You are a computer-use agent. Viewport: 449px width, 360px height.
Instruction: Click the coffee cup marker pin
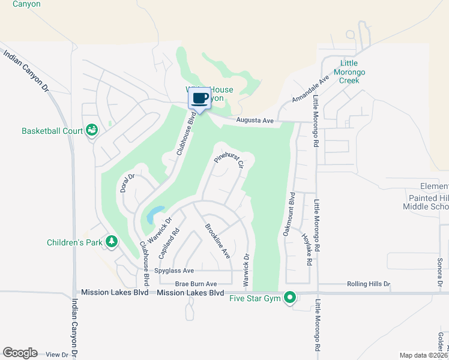pos(200,98)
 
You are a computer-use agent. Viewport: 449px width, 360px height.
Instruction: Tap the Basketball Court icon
pos(92,130)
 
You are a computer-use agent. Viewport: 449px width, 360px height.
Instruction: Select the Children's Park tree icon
pos(111,242)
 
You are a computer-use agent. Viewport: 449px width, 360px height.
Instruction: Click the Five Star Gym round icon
pos(290,298)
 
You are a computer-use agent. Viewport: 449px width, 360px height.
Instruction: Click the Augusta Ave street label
pos(255,121)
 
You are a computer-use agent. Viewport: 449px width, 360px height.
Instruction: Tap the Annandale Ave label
pos(311,89)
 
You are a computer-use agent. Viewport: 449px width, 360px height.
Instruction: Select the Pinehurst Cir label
pos(229,161)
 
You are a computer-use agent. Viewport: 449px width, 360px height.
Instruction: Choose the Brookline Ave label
pos(217,241)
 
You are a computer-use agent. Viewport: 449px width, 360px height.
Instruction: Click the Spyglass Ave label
pos(174,271)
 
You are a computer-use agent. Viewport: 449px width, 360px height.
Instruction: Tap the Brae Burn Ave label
pos(196,284)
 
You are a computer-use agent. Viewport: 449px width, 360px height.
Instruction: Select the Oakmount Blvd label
pos(288,214)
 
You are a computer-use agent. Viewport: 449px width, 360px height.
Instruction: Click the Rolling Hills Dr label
pos(369,284)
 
